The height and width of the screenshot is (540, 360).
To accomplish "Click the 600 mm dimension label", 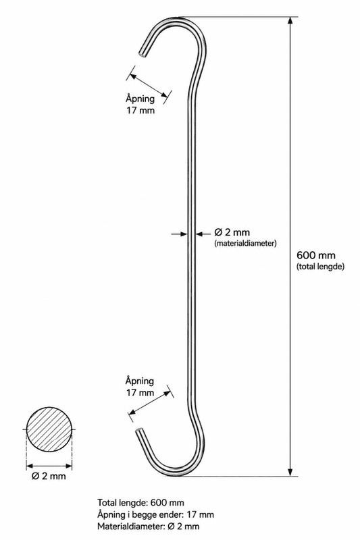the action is pyautogui.click(x=316, y=255).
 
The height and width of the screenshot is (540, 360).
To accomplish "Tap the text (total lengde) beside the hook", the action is pyautogui.click(x=320, y=267).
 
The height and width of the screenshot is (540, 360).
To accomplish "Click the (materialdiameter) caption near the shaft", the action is pyautogui.click(x=245, y=244).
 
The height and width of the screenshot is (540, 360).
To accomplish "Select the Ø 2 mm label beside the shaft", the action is pyautogui.click(x=232, y=232).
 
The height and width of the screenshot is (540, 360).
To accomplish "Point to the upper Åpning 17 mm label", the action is pyautogui.click(x=140, y=105).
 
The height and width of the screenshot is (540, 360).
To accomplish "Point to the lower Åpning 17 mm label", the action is pyautogui.click(x=140, y=387).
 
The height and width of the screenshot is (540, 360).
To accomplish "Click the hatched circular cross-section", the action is pyautogui.click(x=49, y=429).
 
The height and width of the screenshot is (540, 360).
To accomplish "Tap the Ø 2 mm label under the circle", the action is pyautogui.click(x=48, y=477).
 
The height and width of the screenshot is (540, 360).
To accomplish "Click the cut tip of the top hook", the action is pyautogui.click(x=142, y=54).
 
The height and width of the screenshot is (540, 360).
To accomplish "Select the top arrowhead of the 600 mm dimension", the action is pyautogui.click(x=290, y=20).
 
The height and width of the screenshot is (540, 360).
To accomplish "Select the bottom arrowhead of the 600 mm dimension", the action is pyautogui.click(x=290, y=473).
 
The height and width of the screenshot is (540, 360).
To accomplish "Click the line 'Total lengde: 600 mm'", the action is pyautogui.click(x=140, y=503).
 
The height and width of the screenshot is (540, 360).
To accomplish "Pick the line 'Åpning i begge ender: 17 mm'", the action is pyautogui.click(x=155, y=514).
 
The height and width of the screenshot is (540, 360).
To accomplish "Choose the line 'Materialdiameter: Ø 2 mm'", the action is pyautogui.click(x=148, y=526).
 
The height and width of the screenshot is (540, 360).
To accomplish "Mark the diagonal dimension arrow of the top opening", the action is pyautogui.click(x=149, y=85).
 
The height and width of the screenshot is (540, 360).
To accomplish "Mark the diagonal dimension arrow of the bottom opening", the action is pyautogui.click(x=150, y=402).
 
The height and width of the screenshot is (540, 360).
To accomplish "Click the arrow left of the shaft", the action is pyautogui.click(x=179, y=234).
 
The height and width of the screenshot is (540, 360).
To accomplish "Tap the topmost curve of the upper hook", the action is pyautogui.click(x=179, y=18).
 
